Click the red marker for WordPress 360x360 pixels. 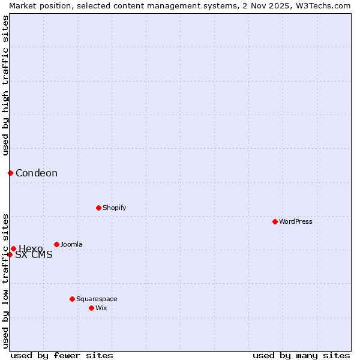click(x=275, y=221)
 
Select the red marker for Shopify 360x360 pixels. click(x=98, y=208)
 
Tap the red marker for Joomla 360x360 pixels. click(x=56, y=244)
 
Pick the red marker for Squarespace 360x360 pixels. click(x=72, y=299)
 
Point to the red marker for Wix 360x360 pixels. click(x=91, y=308)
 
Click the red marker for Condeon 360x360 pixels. click(x=10, y=173)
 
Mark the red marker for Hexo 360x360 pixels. click(x=13, y=248)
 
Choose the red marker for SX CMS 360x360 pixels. click(x=10, y=254)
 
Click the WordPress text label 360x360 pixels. click(x=296, y=221)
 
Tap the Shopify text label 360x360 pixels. click(x=114, y=208)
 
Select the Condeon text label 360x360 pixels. click(x=37, y=173)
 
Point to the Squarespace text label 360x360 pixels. click(x=97, y=299)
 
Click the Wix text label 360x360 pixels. click(x=101, y=308)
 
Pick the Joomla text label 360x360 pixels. click(x=71, y=244)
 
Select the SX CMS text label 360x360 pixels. click(x=34, y=255)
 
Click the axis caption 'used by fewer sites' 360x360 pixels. click(x=62, y=355)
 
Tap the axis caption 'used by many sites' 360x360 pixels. click(x=301, y=355)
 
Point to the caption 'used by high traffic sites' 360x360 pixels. click(x=5, y=85)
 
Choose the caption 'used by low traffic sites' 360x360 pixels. click(x=5, y=281)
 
